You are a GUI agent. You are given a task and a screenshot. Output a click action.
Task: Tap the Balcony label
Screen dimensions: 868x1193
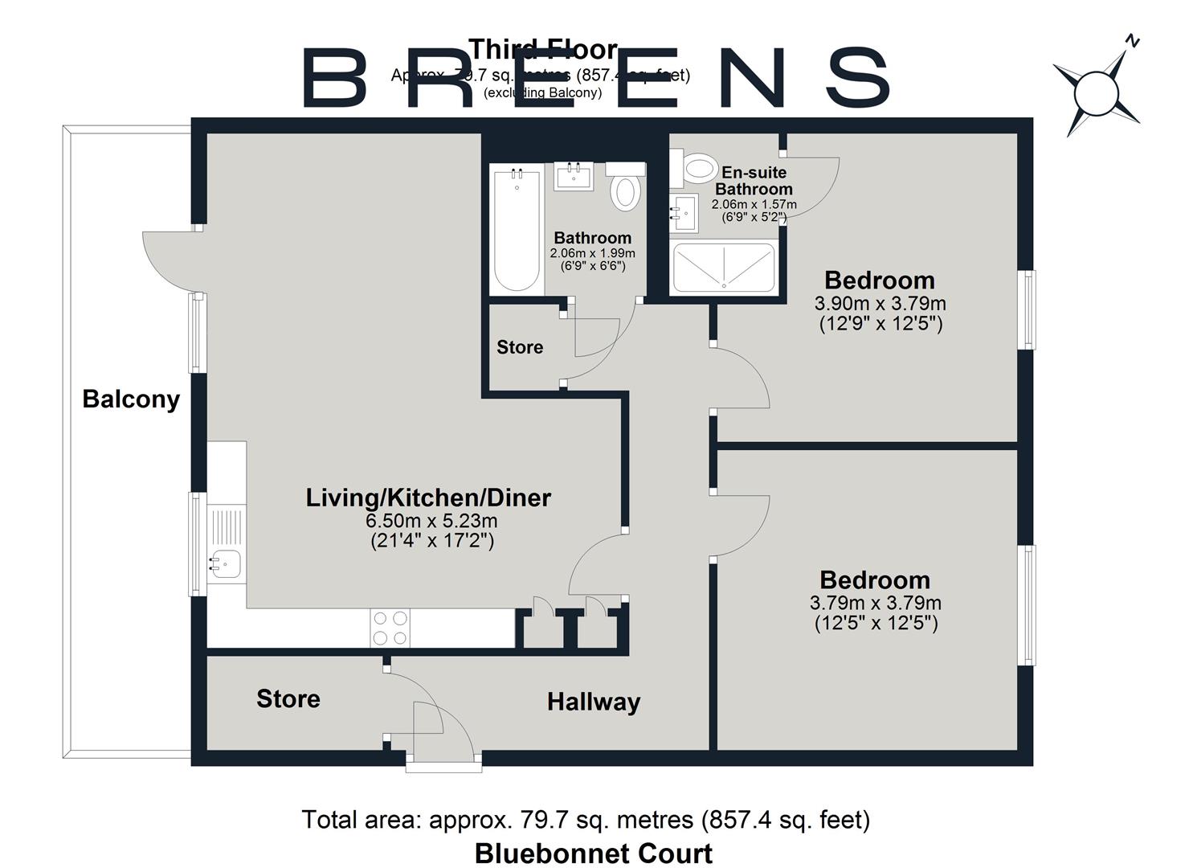tap(131, 399)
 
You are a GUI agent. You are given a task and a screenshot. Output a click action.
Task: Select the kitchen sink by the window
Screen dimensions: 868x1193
tap(224, 563)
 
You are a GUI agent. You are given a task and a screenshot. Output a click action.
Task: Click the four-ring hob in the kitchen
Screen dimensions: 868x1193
tap(390, 628)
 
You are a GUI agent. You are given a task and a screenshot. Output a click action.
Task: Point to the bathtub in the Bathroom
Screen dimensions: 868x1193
tap(516, 230)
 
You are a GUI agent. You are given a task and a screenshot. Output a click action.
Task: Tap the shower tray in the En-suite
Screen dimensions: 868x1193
tap(724, 267)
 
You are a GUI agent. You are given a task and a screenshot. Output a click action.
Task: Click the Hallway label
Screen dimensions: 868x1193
tap(594, 702)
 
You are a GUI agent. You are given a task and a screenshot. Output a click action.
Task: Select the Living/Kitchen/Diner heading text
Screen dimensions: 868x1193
tap(428, 497)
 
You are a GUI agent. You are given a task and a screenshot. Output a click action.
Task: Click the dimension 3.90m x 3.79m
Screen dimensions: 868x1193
tap(880, 304)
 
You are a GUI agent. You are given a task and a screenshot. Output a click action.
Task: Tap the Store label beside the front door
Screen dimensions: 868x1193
tap(288, 699)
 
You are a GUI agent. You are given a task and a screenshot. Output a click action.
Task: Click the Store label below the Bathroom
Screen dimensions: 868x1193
tap(520, 347)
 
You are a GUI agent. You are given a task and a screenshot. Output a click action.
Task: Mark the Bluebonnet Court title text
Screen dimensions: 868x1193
tap(593, 853)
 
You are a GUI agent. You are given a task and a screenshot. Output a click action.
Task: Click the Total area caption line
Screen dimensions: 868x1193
tap(586, 820)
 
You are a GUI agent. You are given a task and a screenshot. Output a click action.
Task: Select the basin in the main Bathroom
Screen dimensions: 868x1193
tap(574, 176)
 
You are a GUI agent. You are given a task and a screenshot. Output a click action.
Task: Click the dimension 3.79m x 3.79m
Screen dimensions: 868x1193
tap(875, 603)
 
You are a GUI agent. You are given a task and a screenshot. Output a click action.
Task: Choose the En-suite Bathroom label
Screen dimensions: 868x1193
tap(754, 181)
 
